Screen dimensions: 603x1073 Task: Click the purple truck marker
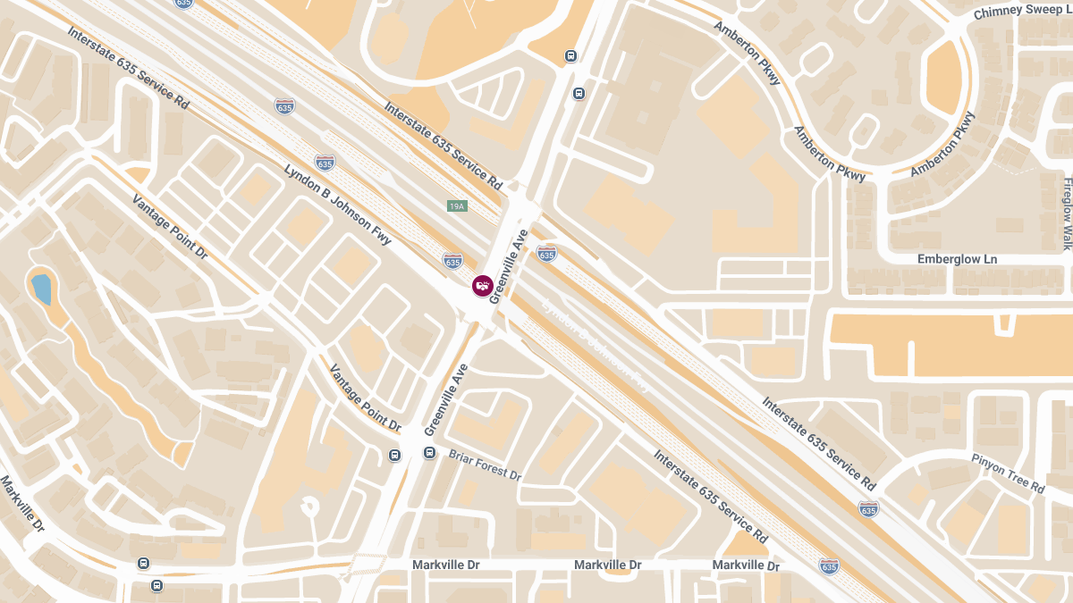pyautogui.click(x=483, y=286)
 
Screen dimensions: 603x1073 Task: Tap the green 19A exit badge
pyautogui.click(x=457, y=206)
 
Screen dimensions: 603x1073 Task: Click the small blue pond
pyautogui.click(x=41, y=289)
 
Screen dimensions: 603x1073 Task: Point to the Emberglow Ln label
pyautogui.click(x=957, y=259)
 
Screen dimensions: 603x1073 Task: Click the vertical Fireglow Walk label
pyautogui.click(x=1067, y=213)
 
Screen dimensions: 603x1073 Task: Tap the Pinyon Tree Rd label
pyautogui.click(x=1008, y=473)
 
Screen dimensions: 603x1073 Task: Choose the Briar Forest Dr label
pyautogui.click(x=485, y=465)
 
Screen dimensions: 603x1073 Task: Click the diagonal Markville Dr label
pyautogui.click(x=22, y=505)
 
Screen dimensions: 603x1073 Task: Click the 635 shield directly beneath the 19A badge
pyautogui.click(x=452, y=261)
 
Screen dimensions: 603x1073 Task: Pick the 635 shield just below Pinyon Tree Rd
pyautogui.click(x=868, y=509)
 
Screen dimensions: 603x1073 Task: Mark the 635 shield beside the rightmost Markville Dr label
pyautogui.click(x=829, y=566)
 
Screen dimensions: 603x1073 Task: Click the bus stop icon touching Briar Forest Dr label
pyautogui.click(x=429, y=453)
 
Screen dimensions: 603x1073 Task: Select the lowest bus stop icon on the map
pyautogui.click(x=157, y=586)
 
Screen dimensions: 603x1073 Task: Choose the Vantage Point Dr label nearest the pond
pyautogui.click(x=170, y=227)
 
